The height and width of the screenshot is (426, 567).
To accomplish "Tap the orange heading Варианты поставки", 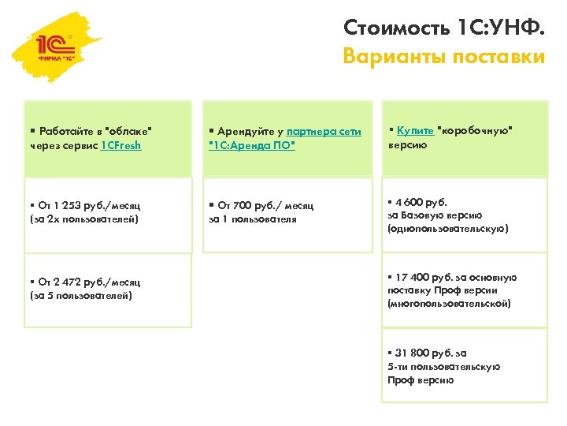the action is click(443, 57).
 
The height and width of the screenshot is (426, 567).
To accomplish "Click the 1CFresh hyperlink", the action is click(121, 146).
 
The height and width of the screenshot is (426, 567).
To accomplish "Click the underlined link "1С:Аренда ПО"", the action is click(251, 146).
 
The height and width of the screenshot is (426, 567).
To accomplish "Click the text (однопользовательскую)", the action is click(447, 229).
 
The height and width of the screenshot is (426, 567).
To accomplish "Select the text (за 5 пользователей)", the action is click(81, 296).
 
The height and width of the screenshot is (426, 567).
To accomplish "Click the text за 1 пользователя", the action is click(253, 219).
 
